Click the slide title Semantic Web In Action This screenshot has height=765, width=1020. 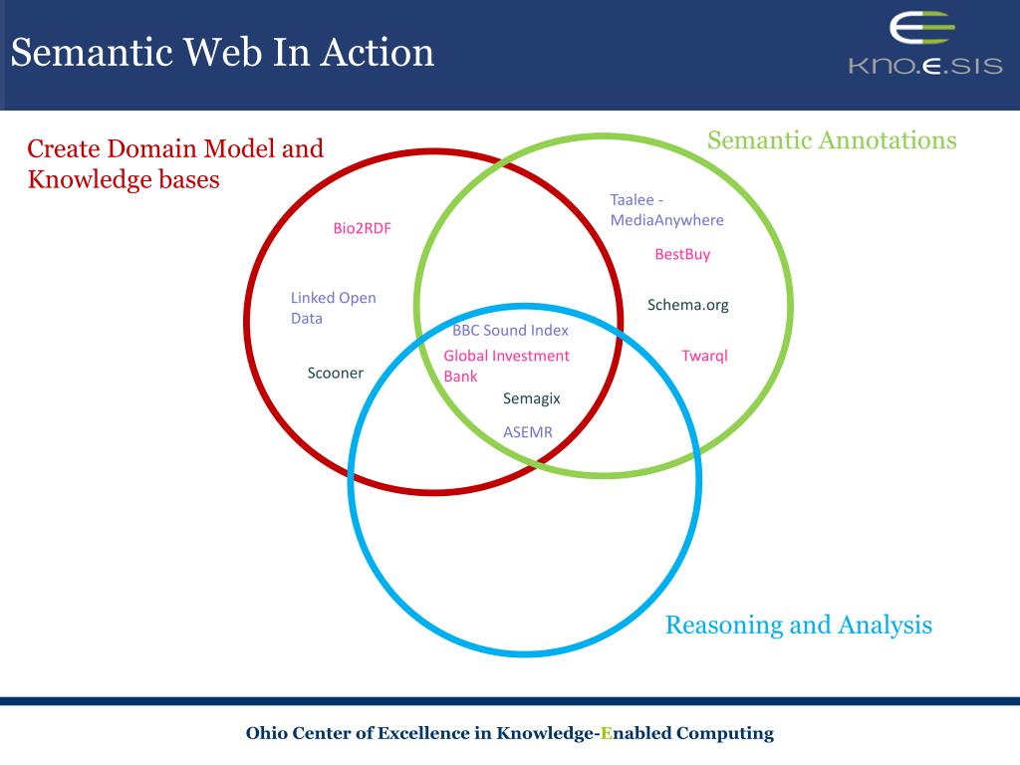222,52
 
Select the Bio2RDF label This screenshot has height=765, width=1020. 362,228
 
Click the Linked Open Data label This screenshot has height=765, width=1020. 333,308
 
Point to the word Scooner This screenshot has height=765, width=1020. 335,373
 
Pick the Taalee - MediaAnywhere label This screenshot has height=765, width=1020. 666,209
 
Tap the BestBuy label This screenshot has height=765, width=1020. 682,254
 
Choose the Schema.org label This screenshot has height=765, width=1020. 687,305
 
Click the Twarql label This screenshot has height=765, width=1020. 704,356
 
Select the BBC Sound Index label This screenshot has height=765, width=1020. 510,331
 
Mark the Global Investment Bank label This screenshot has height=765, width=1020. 506,366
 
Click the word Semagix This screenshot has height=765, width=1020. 531,398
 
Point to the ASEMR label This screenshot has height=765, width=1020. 527,432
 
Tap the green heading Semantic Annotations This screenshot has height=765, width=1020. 832,140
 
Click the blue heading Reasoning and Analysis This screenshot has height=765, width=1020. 798,625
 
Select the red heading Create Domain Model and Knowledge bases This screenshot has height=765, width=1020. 175,164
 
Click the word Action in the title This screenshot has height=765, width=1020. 378,52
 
